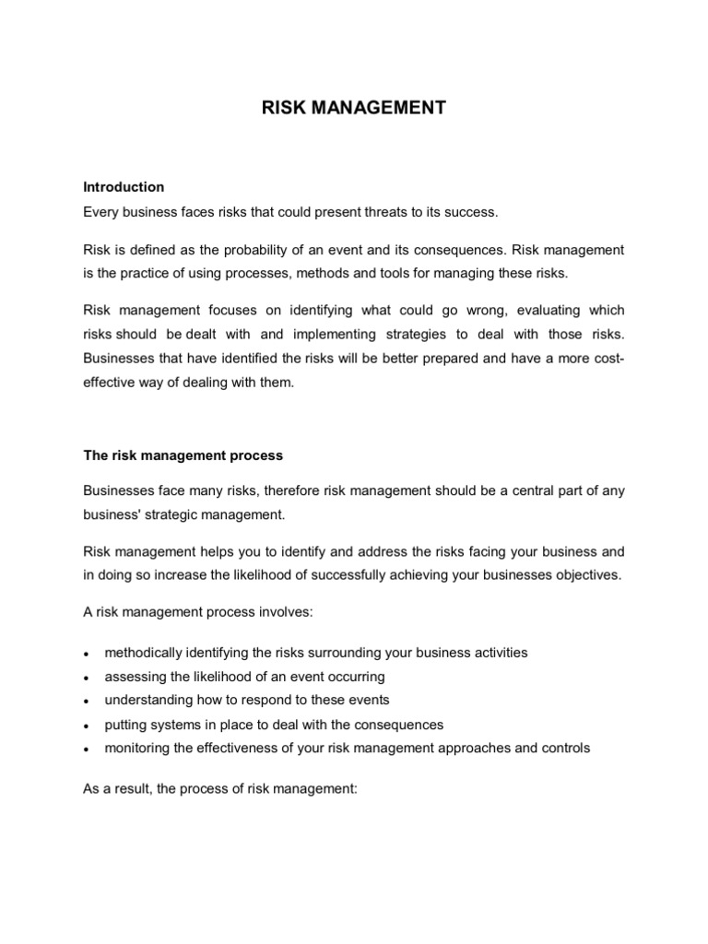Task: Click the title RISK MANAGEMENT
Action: point(354,109)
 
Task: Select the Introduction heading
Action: point(124,186)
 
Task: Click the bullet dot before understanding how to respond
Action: point(86,702)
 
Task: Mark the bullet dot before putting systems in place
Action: point(86,726)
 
